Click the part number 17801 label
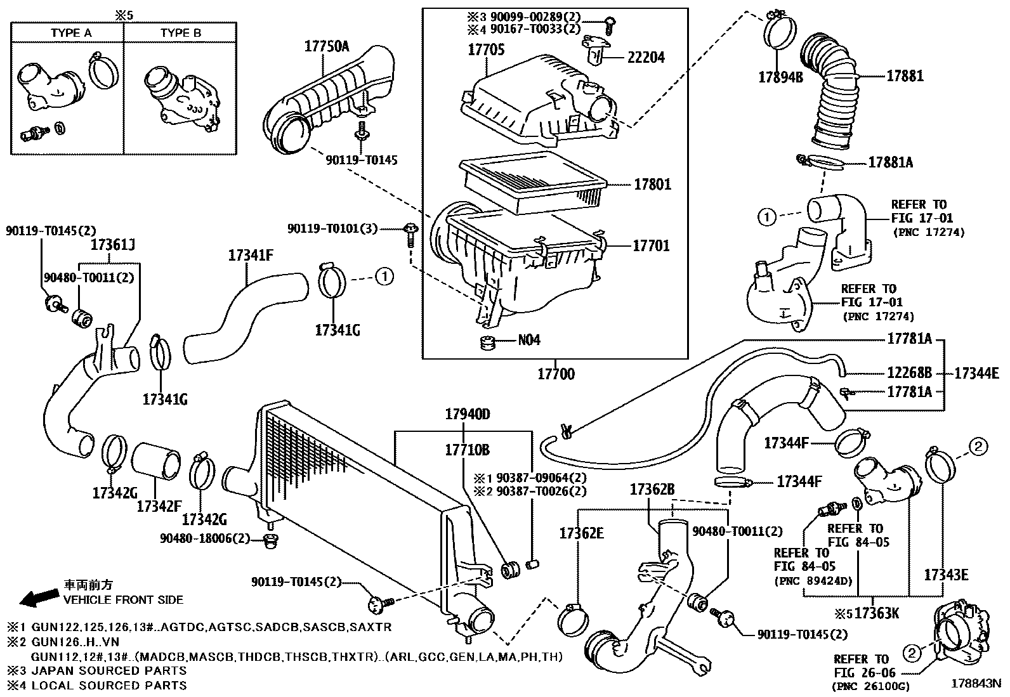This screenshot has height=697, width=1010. [652, 185]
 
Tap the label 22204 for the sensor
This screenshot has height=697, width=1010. [646, 57]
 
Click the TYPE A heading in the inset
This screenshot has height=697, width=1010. [71, 33]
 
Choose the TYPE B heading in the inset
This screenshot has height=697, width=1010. [181, 33]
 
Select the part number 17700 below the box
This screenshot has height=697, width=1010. [556, 374]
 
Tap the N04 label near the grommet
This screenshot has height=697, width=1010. [529, 339]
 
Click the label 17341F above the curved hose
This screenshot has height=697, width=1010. [251, 256]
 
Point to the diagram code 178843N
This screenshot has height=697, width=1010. [976, 684]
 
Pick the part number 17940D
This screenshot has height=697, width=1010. [468, 414]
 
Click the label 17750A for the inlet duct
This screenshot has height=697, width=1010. [327, 46]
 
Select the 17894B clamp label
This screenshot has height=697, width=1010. [780, 77]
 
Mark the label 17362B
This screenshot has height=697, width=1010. [652, 489]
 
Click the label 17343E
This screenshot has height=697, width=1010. [946, 575]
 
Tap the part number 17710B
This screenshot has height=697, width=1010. [468, 450]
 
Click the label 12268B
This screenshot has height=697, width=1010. [910, 373]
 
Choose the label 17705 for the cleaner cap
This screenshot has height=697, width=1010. [486, 49]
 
